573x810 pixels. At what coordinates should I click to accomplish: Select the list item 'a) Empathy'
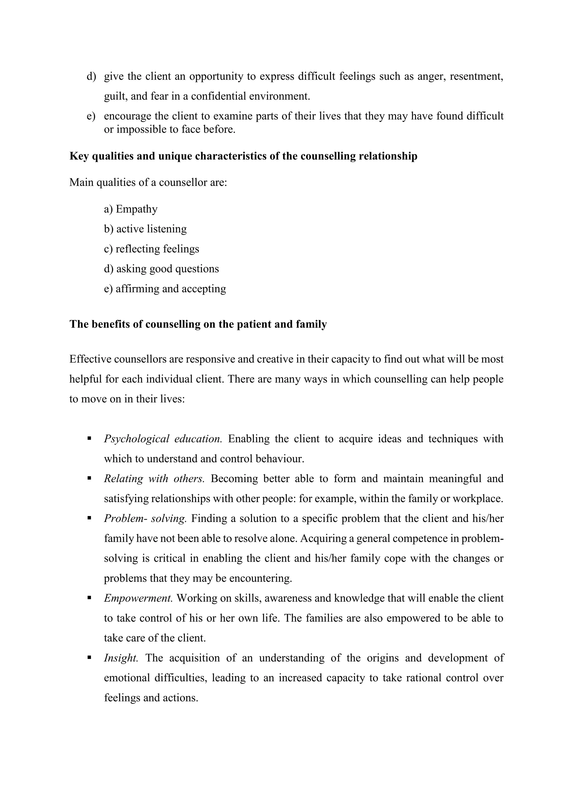[131, 209]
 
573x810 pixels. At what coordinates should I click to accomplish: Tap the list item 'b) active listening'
[145, 229]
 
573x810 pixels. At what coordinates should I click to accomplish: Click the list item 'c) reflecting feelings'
[151, 249]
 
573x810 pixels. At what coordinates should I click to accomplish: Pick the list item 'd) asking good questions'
[161, 269]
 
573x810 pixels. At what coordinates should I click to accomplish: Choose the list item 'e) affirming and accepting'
[165, 289]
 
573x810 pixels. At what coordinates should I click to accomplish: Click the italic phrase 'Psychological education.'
[163, 439]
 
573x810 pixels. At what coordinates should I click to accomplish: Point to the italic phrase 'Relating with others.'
[154, 479]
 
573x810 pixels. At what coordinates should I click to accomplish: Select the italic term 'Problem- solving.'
[145, 519]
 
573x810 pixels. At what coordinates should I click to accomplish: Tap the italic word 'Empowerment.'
[138, 598]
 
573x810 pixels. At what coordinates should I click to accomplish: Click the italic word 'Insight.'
[121, 658]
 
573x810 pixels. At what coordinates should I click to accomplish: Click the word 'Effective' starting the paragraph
[90, 359]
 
